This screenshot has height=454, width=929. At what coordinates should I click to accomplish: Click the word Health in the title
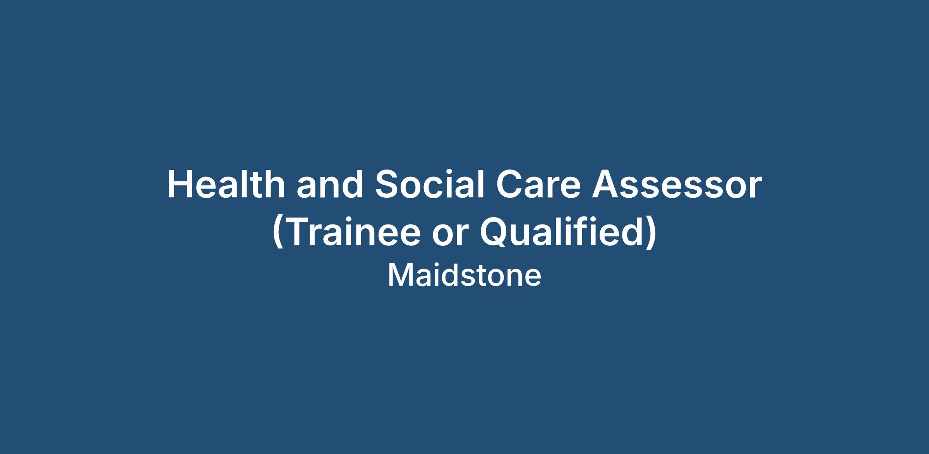226,185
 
